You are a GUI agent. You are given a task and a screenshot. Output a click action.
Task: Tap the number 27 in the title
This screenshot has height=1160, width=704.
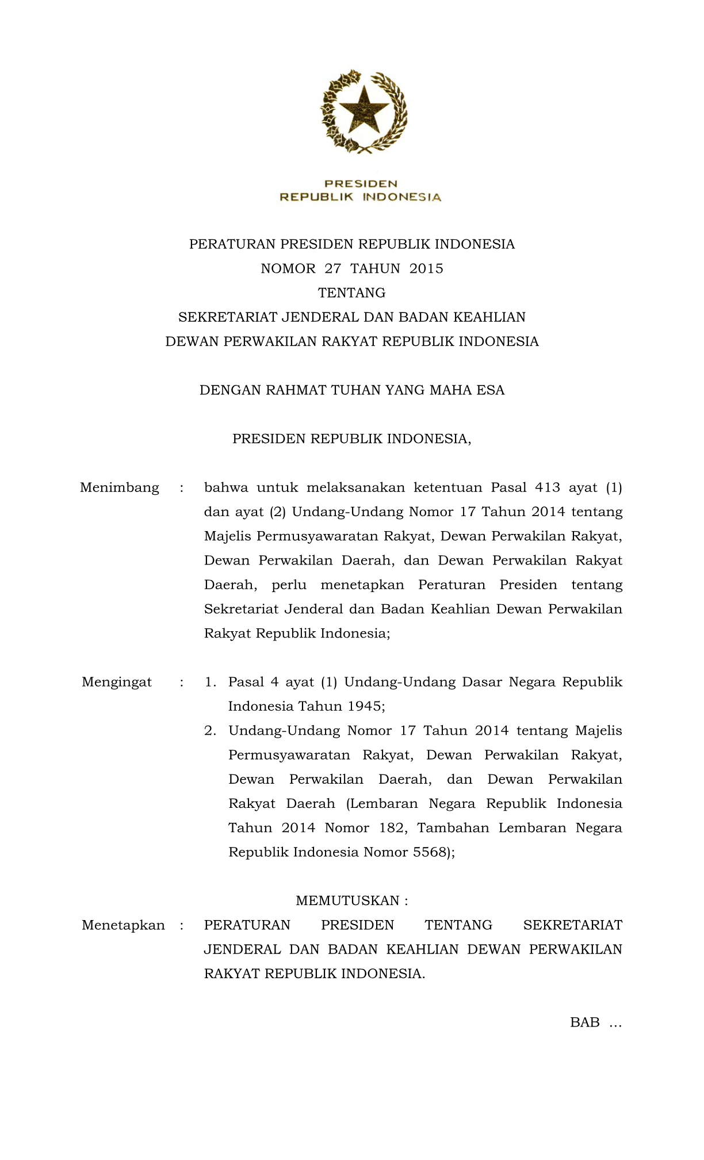tap(333, 269)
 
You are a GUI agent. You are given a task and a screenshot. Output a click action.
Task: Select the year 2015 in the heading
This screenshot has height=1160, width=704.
tap(426, 269)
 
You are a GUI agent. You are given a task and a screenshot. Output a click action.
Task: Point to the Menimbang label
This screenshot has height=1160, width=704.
tap(120, 488)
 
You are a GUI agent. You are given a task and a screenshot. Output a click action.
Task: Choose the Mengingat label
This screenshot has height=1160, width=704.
tap(117, 682)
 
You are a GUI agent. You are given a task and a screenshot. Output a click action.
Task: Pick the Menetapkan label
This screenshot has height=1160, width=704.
tap(123, 925)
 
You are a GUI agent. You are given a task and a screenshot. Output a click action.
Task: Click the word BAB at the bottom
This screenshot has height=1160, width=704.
tap(585, 1022)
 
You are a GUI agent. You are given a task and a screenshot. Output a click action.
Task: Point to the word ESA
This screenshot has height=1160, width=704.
tap(491, 391)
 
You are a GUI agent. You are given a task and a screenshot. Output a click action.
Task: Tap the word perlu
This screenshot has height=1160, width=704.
tap(289, 585)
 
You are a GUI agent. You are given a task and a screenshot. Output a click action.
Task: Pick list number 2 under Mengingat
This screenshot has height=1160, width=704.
tap(211, 731)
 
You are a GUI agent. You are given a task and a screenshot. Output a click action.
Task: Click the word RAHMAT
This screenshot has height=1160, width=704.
tap(295, 391)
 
